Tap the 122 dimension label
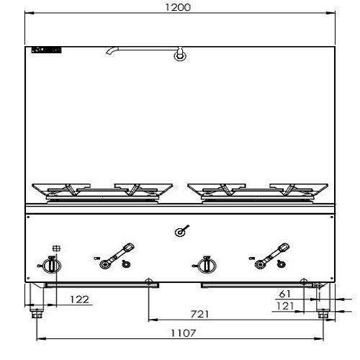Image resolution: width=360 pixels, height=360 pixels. point(81,298)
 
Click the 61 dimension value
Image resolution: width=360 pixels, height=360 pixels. point(284,294)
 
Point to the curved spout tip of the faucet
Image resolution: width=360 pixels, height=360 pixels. point(108,52)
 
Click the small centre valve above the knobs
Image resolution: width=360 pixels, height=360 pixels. point(181,232)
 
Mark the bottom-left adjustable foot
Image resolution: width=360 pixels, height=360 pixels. point(36,312)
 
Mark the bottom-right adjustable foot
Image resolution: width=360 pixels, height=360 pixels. point(323,312)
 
